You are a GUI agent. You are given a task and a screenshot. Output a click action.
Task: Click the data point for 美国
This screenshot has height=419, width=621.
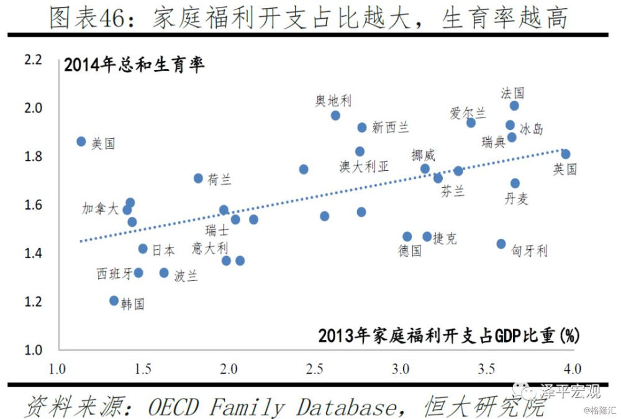pos(81,141)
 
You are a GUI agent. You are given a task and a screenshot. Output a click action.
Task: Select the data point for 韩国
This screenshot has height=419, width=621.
pos(114,300)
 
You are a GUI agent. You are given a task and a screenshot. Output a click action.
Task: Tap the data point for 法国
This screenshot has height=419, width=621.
pos(514,106)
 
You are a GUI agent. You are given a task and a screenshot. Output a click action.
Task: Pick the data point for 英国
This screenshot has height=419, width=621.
pos(565,154)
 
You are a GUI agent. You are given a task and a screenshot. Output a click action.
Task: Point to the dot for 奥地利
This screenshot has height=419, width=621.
pos(335,115)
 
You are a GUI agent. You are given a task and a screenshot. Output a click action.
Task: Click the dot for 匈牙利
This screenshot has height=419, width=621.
pos(501,244)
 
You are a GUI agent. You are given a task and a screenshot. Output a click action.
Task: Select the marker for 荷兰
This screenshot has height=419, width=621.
pos(198,178)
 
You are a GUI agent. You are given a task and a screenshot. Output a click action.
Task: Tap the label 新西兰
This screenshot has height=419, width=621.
pos(391,127)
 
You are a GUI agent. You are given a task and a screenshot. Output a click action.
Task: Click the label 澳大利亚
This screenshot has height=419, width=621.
pos(364,166)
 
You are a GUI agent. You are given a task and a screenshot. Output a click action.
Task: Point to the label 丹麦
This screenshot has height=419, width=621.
pos(516,199)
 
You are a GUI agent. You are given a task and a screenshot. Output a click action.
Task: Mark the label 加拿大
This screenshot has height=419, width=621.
pos(100,209)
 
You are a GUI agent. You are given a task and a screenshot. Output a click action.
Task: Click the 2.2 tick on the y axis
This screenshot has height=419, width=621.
pos(32,61)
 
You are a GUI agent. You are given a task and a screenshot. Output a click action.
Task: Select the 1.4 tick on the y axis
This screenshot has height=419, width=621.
pos(32,253)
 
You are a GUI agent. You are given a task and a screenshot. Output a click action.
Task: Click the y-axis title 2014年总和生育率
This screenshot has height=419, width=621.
pos(134,65)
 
